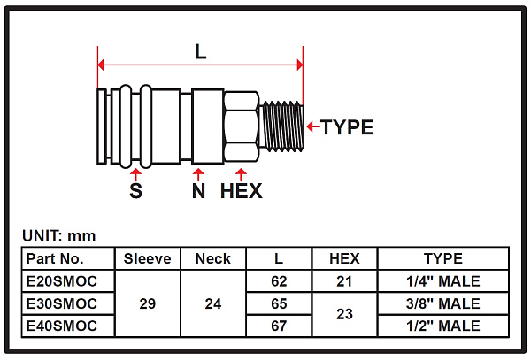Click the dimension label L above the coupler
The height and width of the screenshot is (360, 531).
[x=201, y=51]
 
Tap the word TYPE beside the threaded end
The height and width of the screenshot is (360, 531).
[x=347, y=126]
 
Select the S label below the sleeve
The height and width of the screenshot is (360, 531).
[x=136, y=190]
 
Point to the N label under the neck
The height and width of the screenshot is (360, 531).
[x=198, y=190]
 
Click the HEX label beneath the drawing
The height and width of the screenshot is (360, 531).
[x=241, y=190]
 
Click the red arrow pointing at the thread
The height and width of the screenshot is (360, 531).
[x=311, y=126]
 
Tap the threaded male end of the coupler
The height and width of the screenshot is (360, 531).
[x=284, y=126]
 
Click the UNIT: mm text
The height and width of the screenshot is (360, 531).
[x=58, y=236]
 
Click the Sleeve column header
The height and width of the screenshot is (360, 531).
[x=147, y=259]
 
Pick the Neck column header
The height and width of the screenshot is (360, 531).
[x=212, y=259]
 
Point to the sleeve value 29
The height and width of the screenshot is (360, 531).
[x=147, y=303]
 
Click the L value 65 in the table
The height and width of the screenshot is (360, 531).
[x=279, y=303]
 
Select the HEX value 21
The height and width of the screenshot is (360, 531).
[x=344, y=281]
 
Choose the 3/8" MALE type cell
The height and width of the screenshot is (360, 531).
[x=443, y=303]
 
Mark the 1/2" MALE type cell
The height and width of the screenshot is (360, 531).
[x=443, y=326]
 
